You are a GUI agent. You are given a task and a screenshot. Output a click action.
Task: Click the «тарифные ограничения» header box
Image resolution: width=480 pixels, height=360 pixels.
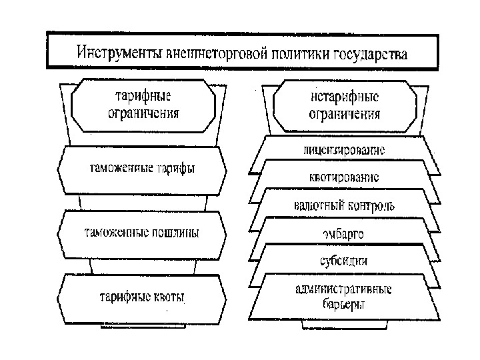pyautogui.click(x=143, y=105)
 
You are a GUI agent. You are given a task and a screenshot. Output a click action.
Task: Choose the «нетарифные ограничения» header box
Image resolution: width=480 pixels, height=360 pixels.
pyautogui.click(x=344, y=105)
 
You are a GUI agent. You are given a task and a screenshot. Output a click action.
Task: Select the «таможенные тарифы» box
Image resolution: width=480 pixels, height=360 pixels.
pyautogui.click(x=143, y=169)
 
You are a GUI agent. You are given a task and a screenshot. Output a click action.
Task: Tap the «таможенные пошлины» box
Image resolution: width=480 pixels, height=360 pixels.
pyautogui.click(x=141, y=233)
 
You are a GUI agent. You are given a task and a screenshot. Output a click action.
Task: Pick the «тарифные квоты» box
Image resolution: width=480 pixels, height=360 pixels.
pyautogui.click(x=142, y=297)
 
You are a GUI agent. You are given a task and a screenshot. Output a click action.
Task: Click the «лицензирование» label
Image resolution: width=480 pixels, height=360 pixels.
pyautogui.click(x=344, y=150)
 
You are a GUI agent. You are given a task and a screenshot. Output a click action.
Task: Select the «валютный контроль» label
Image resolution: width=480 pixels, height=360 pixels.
pyautogui.click(x=344, y=205)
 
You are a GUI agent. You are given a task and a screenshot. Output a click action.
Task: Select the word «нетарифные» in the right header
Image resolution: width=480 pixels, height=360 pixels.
pyautogui.click(x=344, y=98)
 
